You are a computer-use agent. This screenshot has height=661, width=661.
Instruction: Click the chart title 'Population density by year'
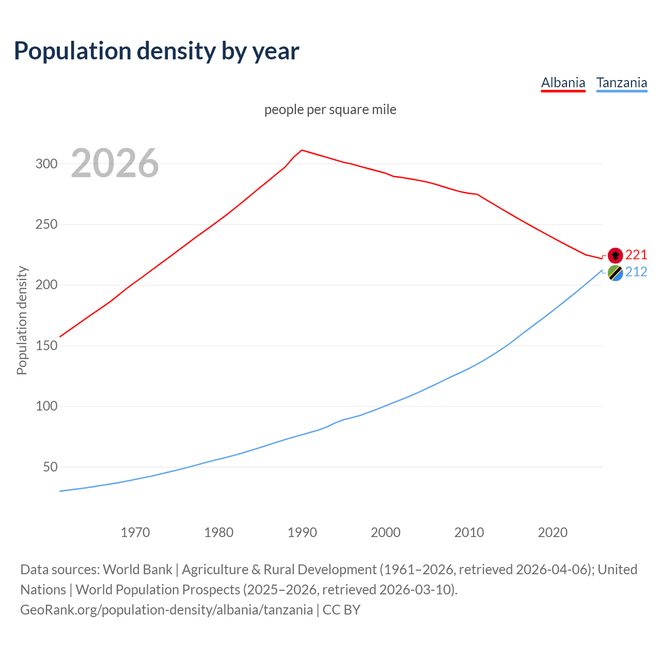(156, 51)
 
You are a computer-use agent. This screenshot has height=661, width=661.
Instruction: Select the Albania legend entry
(563, 83)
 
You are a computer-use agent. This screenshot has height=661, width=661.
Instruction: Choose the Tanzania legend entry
(621, 83)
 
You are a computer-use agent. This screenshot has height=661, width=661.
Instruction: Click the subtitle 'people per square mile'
(330, 109)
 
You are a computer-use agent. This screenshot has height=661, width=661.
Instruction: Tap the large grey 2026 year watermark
(115, 163)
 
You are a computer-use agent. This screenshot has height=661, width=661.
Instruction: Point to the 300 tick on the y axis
(46, 164)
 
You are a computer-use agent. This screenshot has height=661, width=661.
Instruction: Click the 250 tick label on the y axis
(46, 225)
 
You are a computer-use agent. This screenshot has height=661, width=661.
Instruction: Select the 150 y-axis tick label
(46, 346)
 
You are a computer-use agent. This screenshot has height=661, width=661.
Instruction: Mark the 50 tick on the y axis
(50, 467)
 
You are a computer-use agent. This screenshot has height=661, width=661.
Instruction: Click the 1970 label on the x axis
(135, 532)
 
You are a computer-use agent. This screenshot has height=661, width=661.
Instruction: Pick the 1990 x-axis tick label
(302, 532)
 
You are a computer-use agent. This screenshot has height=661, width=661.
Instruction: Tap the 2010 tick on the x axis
(469, 532)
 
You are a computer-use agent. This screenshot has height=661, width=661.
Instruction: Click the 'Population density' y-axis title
(22, 320)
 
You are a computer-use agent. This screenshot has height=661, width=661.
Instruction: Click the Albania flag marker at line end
(615, 255)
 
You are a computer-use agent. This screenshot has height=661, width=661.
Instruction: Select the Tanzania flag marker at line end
(615, 272)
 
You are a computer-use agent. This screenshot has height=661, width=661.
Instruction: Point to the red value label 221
(636, 255)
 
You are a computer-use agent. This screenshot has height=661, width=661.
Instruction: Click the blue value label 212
(636, 272)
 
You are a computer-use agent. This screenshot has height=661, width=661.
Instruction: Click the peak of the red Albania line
(302, 150)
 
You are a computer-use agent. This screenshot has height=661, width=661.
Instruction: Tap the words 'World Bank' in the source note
(137, 569)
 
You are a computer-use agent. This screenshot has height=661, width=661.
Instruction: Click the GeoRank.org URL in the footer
(166, 609)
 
